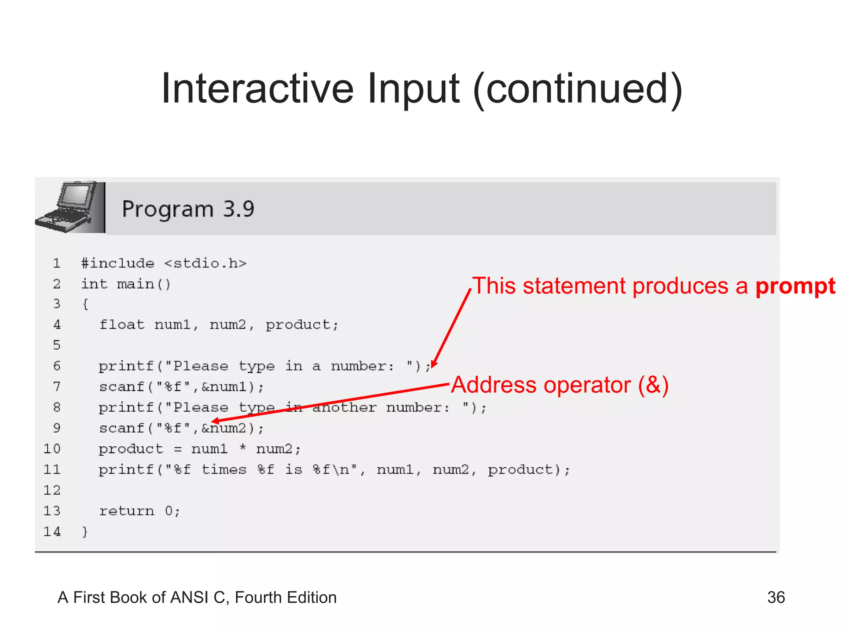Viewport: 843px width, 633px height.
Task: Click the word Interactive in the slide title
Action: (257, 89)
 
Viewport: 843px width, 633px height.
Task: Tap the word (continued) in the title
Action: (578, 90)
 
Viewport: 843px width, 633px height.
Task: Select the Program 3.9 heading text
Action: (188, 209)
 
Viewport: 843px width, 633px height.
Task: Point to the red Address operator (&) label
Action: (560, 385)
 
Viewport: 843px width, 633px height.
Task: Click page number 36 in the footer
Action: (776, 597)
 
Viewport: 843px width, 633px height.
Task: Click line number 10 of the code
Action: (52, 448)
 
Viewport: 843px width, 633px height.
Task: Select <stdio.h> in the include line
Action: (205, 263)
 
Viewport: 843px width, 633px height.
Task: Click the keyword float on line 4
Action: (122, 325)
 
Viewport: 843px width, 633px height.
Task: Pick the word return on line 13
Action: (127, 511)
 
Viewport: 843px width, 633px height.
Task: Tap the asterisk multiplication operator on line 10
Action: (243, 448)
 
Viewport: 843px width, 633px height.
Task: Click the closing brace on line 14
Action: (85, 532)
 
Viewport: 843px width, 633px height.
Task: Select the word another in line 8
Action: (345, 408)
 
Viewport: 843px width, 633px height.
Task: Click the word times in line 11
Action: (224, 469)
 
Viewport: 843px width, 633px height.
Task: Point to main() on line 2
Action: (144, 284)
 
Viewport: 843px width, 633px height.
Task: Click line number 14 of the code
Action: (52, 532)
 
